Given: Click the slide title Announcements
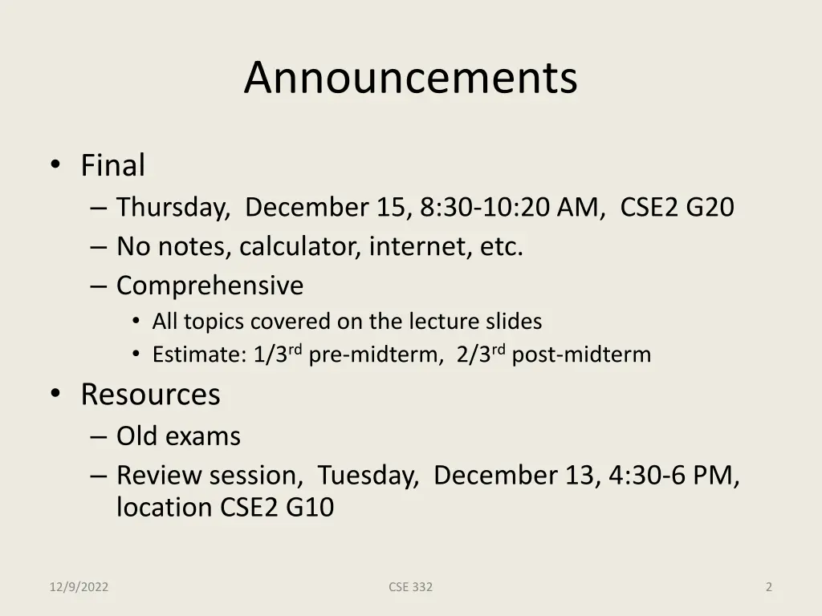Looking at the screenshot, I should (410, 78).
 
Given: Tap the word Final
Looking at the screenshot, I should (112, 166).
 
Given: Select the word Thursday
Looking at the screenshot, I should (172, 208).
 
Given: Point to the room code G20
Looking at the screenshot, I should (710, 208).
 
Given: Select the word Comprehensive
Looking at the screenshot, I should (210, 286).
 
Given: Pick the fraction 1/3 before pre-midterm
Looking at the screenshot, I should (271, 355).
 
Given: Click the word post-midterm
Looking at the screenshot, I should (581, 355).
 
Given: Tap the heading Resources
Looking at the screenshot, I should (150, 395).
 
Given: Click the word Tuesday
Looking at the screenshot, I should (368, 476).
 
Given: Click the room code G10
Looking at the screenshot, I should (310, 508).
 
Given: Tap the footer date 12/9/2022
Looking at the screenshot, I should (79, 587).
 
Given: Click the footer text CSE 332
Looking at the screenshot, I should (410, 587).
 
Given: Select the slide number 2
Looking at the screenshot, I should (768, 587).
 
